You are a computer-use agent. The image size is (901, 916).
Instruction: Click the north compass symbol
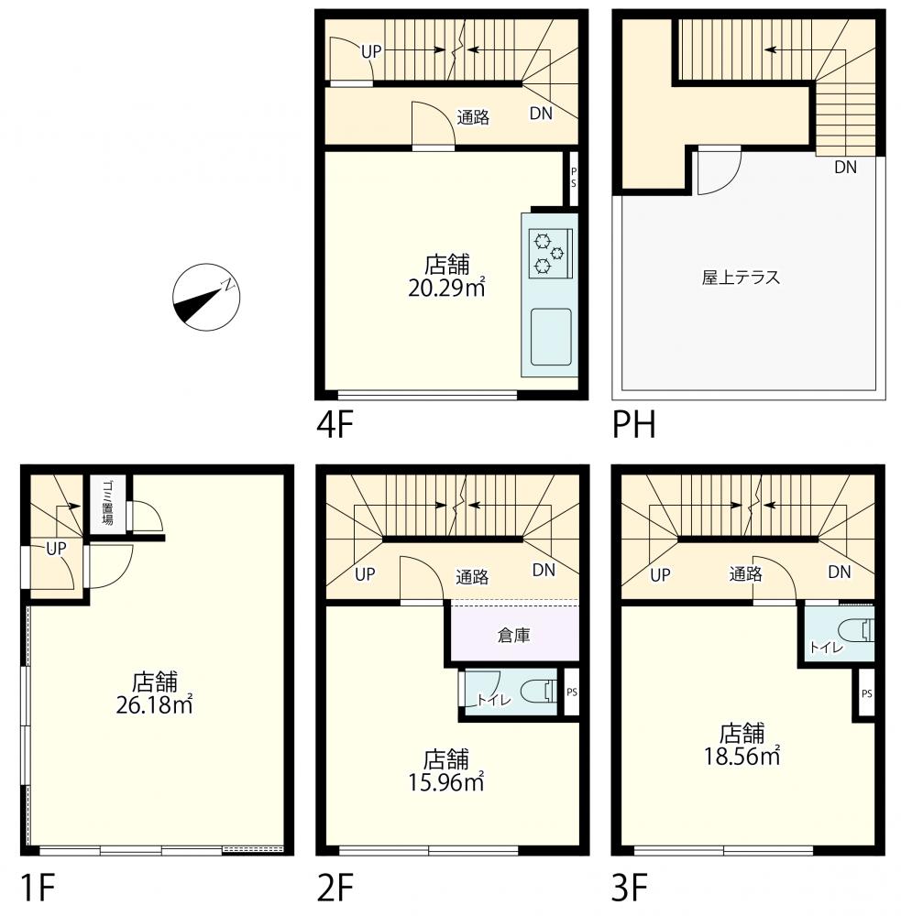(206, 297)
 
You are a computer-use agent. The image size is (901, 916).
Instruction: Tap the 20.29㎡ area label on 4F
(446, 288)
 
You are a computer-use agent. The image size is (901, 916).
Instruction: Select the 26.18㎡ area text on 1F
(154, 705)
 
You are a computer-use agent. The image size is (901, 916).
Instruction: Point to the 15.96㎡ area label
(446, 782)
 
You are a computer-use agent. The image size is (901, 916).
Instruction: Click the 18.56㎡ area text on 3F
(742, 756)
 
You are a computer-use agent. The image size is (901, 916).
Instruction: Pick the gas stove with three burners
(550, 253)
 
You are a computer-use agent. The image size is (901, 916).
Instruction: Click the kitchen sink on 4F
(551, 337)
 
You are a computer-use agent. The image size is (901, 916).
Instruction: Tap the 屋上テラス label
(741, 277)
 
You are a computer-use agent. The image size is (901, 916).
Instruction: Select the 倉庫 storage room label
(513, 635)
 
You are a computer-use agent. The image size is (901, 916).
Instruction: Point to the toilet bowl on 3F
(856, 631)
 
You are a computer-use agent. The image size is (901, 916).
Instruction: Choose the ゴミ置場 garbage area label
(107, 503)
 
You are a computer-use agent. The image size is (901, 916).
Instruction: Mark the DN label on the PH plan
(845, 168)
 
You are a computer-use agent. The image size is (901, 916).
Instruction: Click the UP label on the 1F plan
(56, 549)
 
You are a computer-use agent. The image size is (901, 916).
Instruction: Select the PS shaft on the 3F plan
(866, 693)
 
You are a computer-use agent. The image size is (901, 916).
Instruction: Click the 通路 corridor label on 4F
(473, 117)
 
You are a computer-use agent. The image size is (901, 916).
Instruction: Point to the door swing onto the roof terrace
(720, 173)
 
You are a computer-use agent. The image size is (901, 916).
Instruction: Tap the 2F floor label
(335, 888)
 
